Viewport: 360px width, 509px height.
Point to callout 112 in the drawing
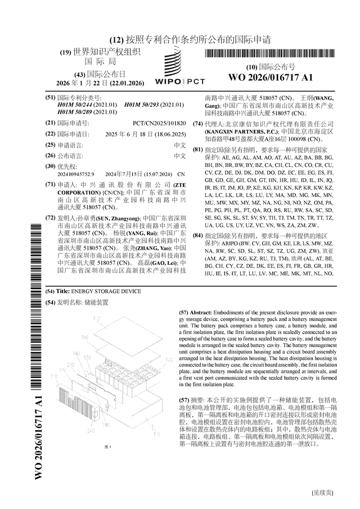(x=95, y=317)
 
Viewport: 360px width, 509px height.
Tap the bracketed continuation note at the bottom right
(x=324, y=493)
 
